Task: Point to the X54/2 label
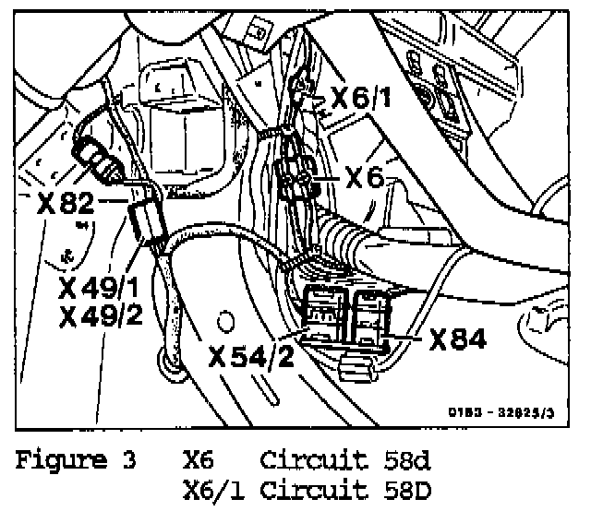pyautogui.click(x=252, y=355)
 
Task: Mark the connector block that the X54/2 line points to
pyautogui.click(x=323, y=314)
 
